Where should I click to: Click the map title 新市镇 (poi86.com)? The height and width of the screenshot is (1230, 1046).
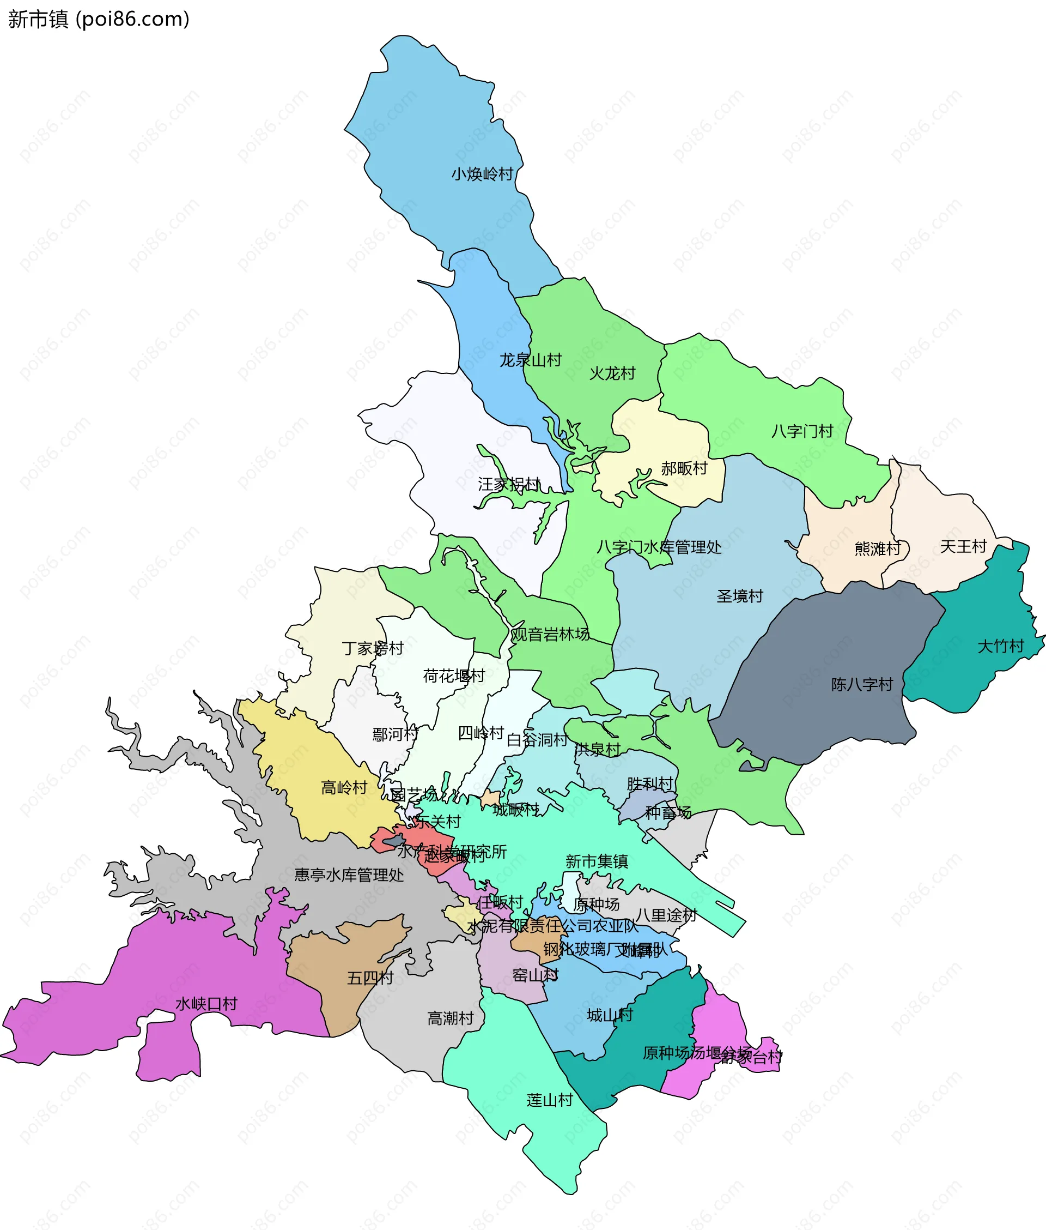click(99, 19)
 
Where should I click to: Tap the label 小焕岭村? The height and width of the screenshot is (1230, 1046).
click(482, 174)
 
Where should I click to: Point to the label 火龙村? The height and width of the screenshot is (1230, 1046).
click(612, 373)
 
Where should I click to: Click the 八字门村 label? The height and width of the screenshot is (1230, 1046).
click(802, 431)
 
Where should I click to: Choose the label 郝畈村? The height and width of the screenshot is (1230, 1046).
click(684, 469)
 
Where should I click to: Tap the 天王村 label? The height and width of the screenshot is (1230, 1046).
click(963, 546)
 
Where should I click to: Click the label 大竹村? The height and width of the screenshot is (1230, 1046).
click(1000, 646)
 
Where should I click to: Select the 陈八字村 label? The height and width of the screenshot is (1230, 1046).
click(861, 685)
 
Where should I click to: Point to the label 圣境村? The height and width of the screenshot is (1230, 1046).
click(739, 596)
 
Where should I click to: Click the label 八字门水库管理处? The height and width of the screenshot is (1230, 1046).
click(659, 547)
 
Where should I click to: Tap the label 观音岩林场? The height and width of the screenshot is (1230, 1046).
click(550, 634)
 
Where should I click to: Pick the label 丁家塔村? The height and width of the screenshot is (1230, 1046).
click(373, 648)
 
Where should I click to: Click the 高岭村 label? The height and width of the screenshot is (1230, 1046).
click(344, 787)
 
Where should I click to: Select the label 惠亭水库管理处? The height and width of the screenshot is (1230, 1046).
click(349, 875)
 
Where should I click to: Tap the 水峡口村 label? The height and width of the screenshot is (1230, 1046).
click(206, 1004)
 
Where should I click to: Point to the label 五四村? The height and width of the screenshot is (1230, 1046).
click(370, 978)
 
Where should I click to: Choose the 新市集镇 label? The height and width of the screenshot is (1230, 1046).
click(597, 861)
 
